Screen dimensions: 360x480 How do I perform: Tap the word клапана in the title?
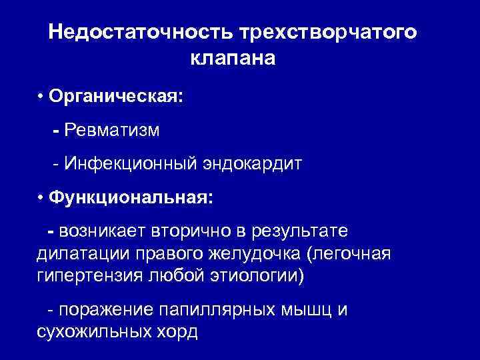[232, 59]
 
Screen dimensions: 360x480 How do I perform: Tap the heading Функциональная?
[131, 198]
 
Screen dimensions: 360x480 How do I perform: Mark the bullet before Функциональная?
[41, 198]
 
